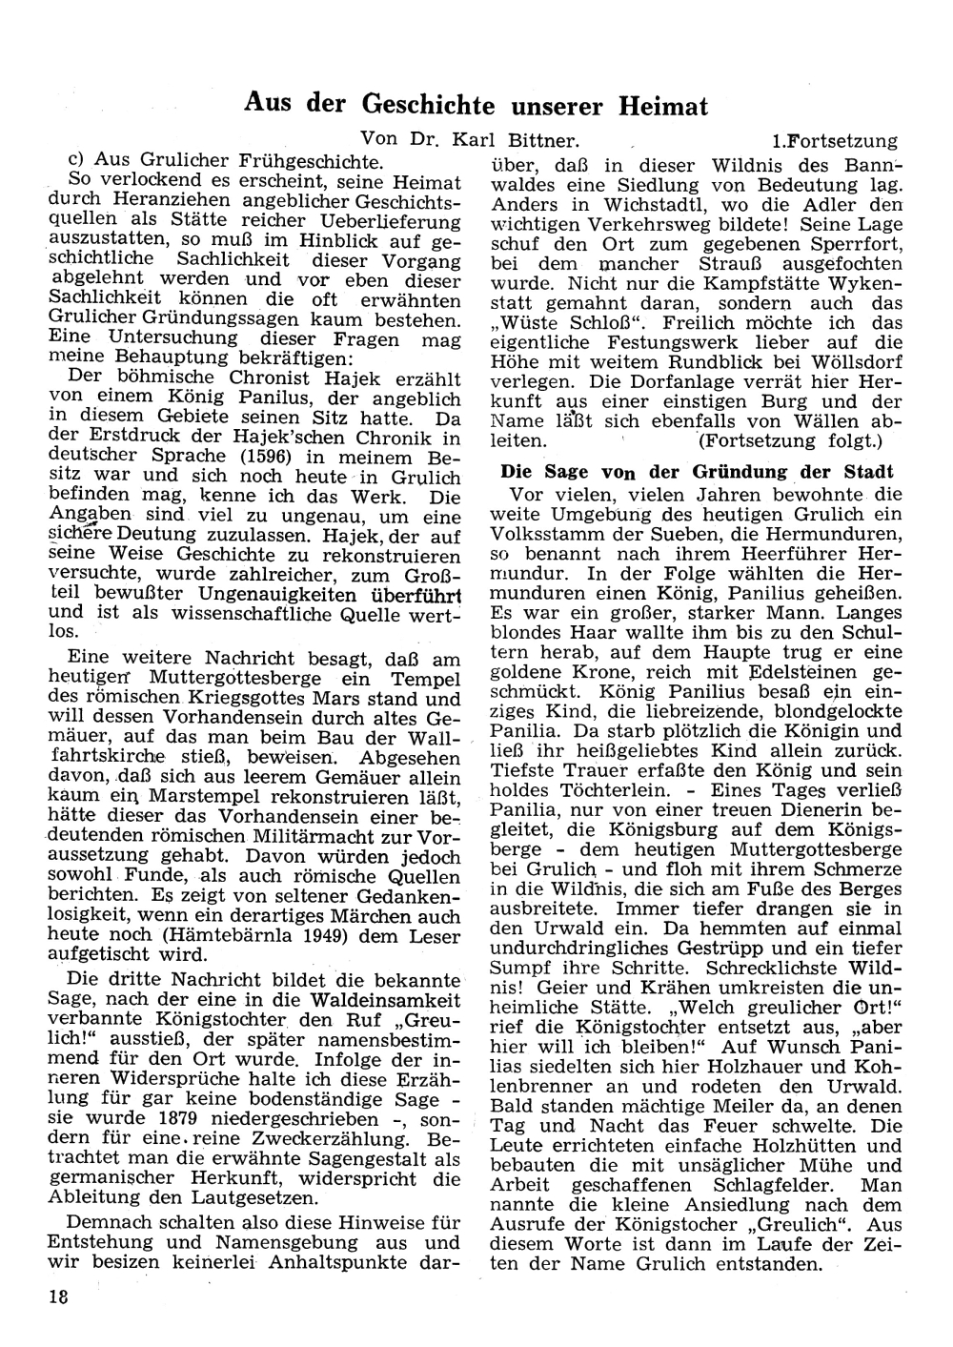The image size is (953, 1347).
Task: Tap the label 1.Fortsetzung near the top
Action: pos(835,141)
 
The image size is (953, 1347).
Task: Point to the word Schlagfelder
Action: pos(750,1185)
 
